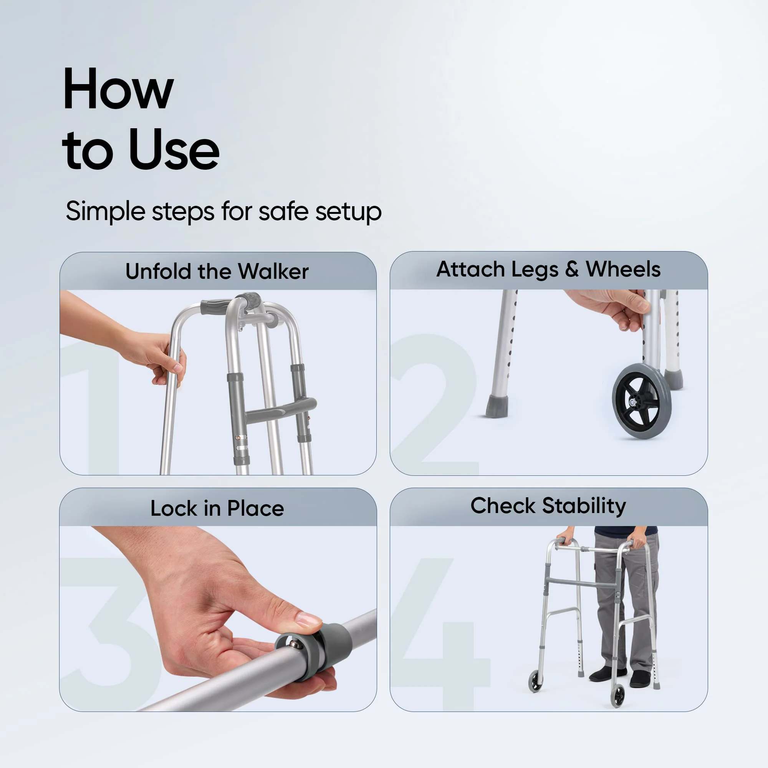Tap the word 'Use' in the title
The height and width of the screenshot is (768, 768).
coord(174,150)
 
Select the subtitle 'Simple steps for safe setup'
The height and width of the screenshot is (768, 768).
coord(223,211)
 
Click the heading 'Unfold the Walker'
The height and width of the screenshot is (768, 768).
coord(217,271)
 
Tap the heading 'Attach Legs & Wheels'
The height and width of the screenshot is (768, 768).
coord(548,269)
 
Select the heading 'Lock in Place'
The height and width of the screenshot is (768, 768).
coord(217,508)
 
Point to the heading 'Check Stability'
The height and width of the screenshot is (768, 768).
coord(548,506)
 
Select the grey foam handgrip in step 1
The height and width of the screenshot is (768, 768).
coord(215,306)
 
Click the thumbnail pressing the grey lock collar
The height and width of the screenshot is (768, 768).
coord(308,619)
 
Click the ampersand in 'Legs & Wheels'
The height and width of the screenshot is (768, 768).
coord(572,269)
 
